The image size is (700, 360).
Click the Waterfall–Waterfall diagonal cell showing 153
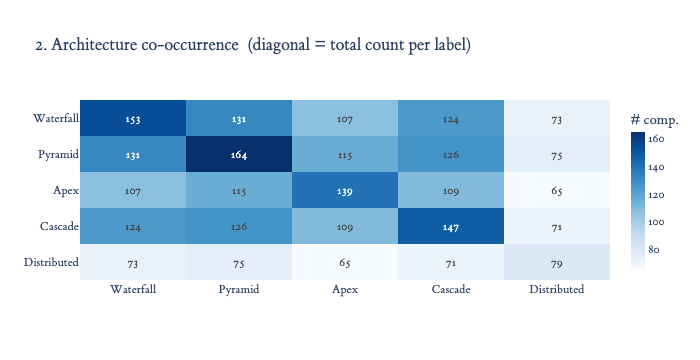[133, 118]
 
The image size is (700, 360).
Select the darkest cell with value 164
[239, 155]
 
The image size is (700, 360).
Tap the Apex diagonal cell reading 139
[345, 190]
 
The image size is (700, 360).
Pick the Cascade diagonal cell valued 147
[451, 226]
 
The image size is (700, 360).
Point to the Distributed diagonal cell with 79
[557, 262]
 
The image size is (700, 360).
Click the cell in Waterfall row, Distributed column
[557, 118]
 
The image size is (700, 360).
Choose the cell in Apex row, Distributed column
[557, 190]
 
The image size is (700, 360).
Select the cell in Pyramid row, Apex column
[345, 155]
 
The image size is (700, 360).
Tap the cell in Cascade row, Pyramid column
[239, 226]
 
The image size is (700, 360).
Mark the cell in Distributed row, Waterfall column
[133, 262]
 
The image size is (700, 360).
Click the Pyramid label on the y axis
[58, 155]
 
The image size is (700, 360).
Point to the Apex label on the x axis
[345, 289]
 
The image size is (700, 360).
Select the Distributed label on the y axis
[51, 262]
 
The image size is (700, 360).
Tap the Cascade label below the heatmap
[451, 289]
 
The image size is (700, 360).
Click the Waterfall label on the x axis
[133, 289]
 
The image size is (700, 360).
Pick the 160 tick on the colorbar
[656, 139]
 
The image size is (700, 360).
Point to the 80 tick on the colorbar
[654, 249]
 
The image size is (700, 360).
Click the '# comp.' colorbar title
[654, 120]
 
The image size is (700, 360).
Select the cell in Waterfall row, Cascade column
[451, 118]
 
